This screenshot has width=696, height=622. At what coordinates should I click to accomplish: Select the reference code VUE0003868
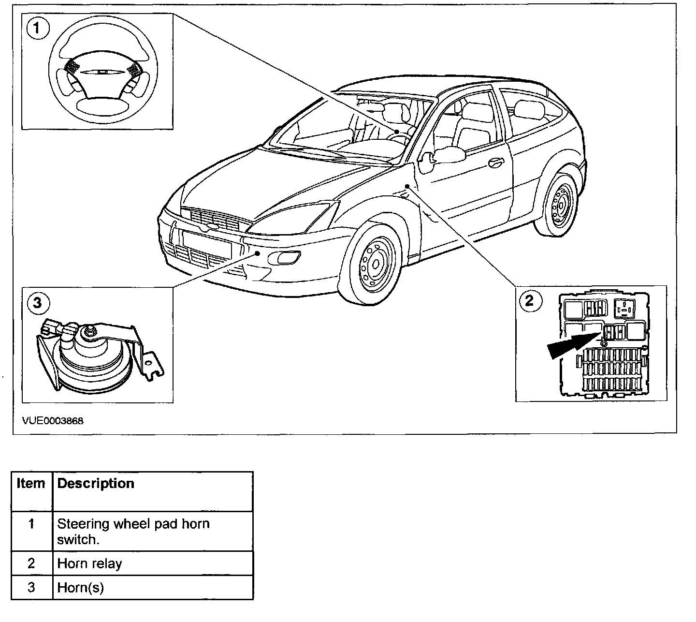pyautogui.click(x=53, y=421)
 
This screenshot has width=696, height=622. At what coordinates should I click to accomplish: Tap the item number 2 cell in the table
pyautogui.click(x=31, y=563)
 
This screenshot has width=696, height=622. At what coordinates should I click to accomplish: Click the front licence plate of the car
pyautogui.click(x=205, y=243)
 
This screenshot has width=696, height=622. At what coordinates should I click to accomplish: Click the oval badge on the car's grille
pyautogui.click(x=212, y=225)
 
